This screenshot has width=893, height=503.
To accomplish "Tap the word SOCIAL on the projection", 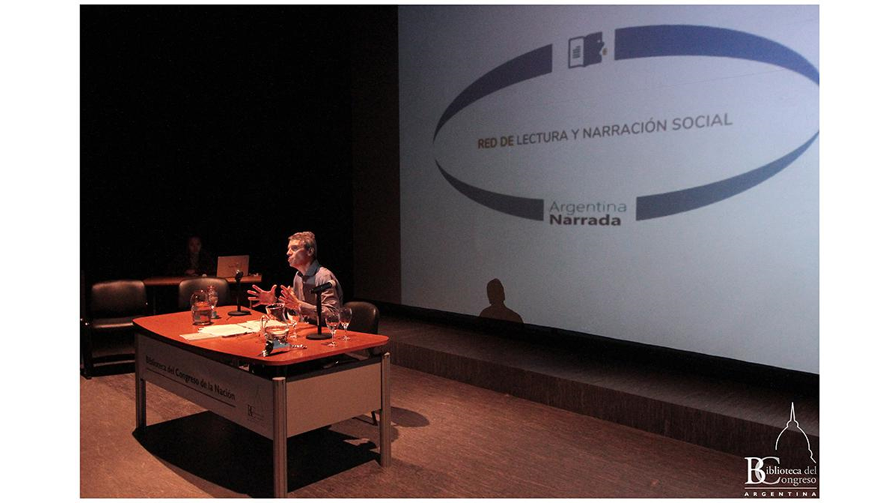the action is click(x=702, y=122).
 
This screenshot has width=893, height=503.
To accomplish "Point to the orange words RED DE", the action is click(x=495, y=142).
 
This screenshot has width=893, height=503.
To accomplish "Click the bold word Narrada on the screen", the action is click(x=585, y=220).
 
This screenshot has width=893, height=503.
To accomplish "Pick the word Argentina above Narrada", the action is click(x=587, y=207).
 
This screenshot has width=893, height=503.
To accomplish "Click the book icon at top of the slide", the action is click(x=585, y=50).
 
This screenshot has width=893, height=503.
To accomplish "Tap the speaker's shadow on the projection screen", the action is click(x=500, y=300).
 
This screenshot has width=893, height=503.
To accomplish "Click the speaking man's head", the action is click(x=301, y=249).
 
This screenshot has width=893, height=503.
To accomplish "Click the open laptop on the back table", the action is click(x=233, y=266).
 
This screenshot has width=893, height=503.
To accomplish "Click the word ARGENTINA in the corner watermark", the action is click(x=780, y=494).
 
